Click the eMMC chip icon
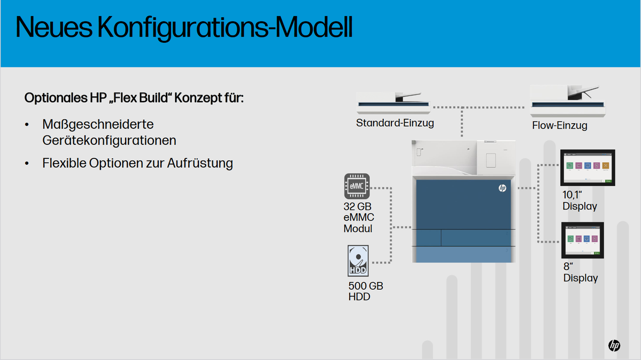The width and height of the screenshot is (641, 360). coord(357,186)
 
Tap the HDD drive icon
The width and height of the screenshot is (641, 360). coord(358,261)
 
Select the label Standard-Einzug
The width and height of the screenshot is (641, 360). coord(395,122)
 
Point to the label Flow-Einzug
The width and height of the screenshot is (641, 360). coord(560,126)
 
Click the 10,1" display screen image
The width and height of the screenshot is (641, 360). coord(588,168)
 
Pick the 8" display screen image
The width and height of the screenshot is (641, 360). coord(583,240)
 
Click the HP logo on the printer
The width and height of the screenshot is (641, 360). coord(503,188)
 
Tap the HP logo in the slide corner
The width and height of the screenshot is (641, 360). coord(614,346)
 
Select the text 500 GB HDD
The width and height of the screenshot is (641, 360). coord(366,292)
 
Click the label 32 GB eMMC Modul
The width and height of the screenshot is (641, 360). coord(359,217)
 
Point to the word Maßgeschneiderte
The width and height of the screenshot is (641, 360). coord(98,124)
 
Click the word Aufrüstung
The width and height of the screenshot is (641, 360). coord(200,163)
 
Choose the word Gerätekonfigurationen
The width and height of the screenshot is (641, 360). coord(109,140)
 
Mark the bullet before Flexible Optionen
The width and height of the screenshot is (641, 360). coord(27,164)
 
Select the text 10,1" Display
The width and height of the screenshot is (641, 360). coord(580,201)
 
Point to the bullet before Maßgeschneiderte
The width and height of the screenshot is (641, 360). coord(27,125)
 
